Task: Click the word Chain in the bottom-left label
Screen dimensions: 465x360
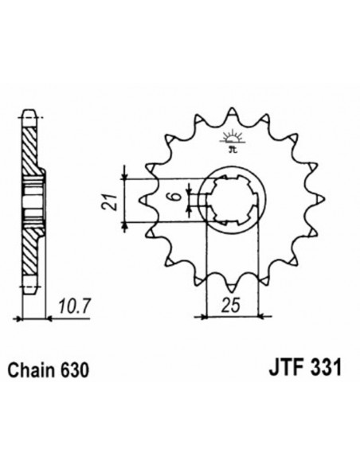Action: click(33, 370)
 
